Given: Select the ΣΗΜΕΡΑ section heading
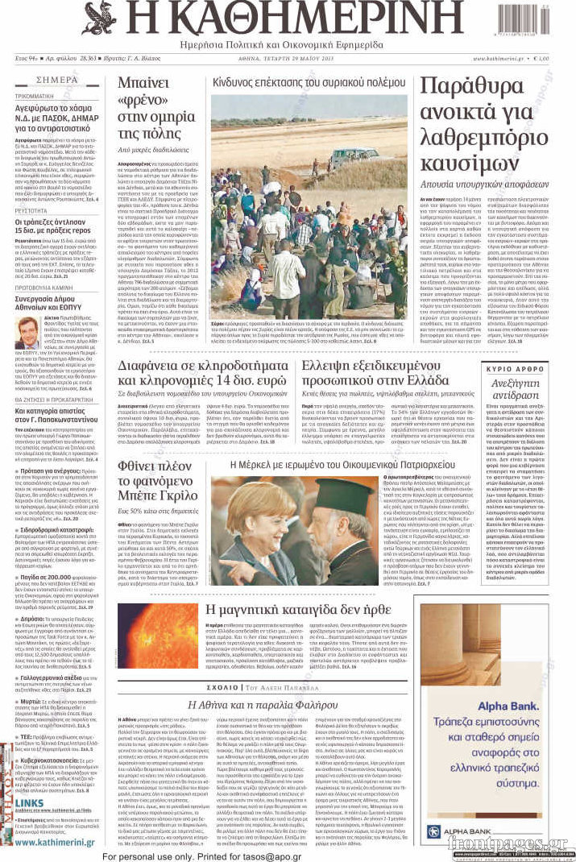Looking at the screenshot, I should coord(56,81).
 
